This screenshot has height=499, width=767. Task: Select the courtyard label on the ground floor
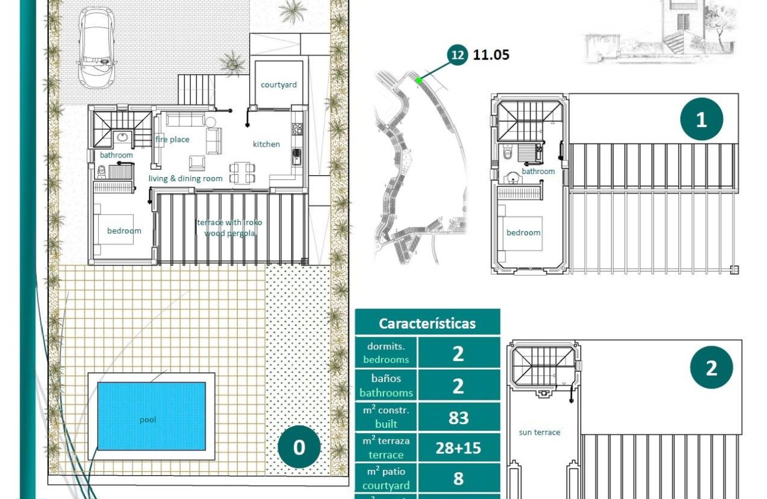278,85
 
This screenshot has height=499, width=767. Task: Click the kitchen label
266,144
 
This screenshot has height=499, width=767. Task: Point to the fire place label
172,140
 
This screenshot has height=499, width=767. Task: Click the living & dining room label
186,179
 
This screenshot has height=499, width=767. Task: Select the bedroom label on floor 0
124,230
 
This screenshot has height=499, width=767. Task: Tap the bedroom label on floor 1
523,233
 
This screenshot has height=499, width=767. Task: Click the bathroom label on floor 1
538,172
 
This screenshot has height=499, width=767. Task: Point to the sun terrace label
539,432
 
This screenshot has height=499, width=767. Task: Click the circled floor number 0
299,447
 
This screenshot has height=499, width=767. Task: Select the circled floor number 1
701,119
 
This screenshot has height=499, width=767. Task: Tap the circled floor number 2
711,368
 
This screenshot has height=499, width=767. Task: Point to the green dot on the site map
419,80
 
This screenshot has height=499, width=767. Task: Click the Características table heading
427,323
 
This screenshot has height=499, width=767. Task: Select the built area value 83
458,418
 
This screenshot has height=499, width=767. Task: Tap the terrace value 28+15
458,448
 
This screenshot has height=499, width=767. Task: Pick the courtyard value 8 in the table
458,479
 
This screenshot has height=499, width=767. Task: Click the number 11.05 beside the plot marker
491,55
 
